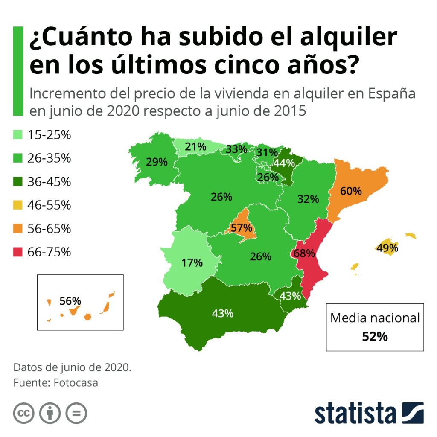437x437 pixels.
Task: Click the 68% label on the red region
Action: pyautogui.click(x=304, y=253)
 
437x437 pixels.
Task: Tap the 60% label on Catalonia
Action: pyautogui.click(x=351, y=191)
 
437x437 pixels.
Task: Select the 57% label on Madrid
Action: pyautogui.click(x=242, y=228)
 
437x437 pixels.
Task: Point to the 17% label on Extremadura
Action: pyautogui.click(x=192, y=263)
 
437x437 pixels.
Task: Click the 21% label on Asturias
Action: pyautogui.click(x=196, y=146)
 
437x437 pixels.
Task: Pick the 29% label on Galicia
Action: pyautogui.click(x=156, y=162)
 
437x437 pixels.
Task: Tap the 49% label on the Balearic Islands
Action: pyautogui.click(x=387, y=248)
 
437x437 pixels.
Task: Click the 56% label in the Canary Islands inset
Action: pyautogui.click(x=70, y=300)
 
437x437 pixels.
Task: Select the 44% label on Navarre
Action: pyautogui.click(x=285, y=163)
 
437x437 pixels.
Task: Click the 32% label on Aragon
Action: pyautogui.click(x=308, y=199)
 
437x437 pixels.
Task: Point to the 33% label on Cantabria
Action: pyautogui.click(x=236, y=149)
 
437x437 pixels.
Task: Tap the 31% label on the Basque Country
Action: pyautogui.click(x=267, y=152)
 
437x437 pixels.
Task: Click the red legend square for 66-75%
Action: pyautogui.click(x=18, y=252)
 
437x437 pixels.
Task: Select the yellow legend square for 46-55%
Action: pyautogui.click(x=18, y=205)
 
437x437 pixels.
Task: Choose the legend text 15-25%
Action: pyautogui.click(x=49, y=135)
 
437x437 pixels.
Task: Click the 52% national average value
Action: pyautogui.click(x=375, y=336)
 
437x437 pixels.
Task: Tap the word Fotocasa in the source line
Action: pyautogui.click(x=76, y=382)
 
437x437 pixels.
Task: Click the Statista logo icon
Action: pyautogui.click(x=413, y=413)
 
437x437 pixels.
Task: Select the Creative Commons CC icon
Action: pyautogui.click(x=24, y=413)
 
